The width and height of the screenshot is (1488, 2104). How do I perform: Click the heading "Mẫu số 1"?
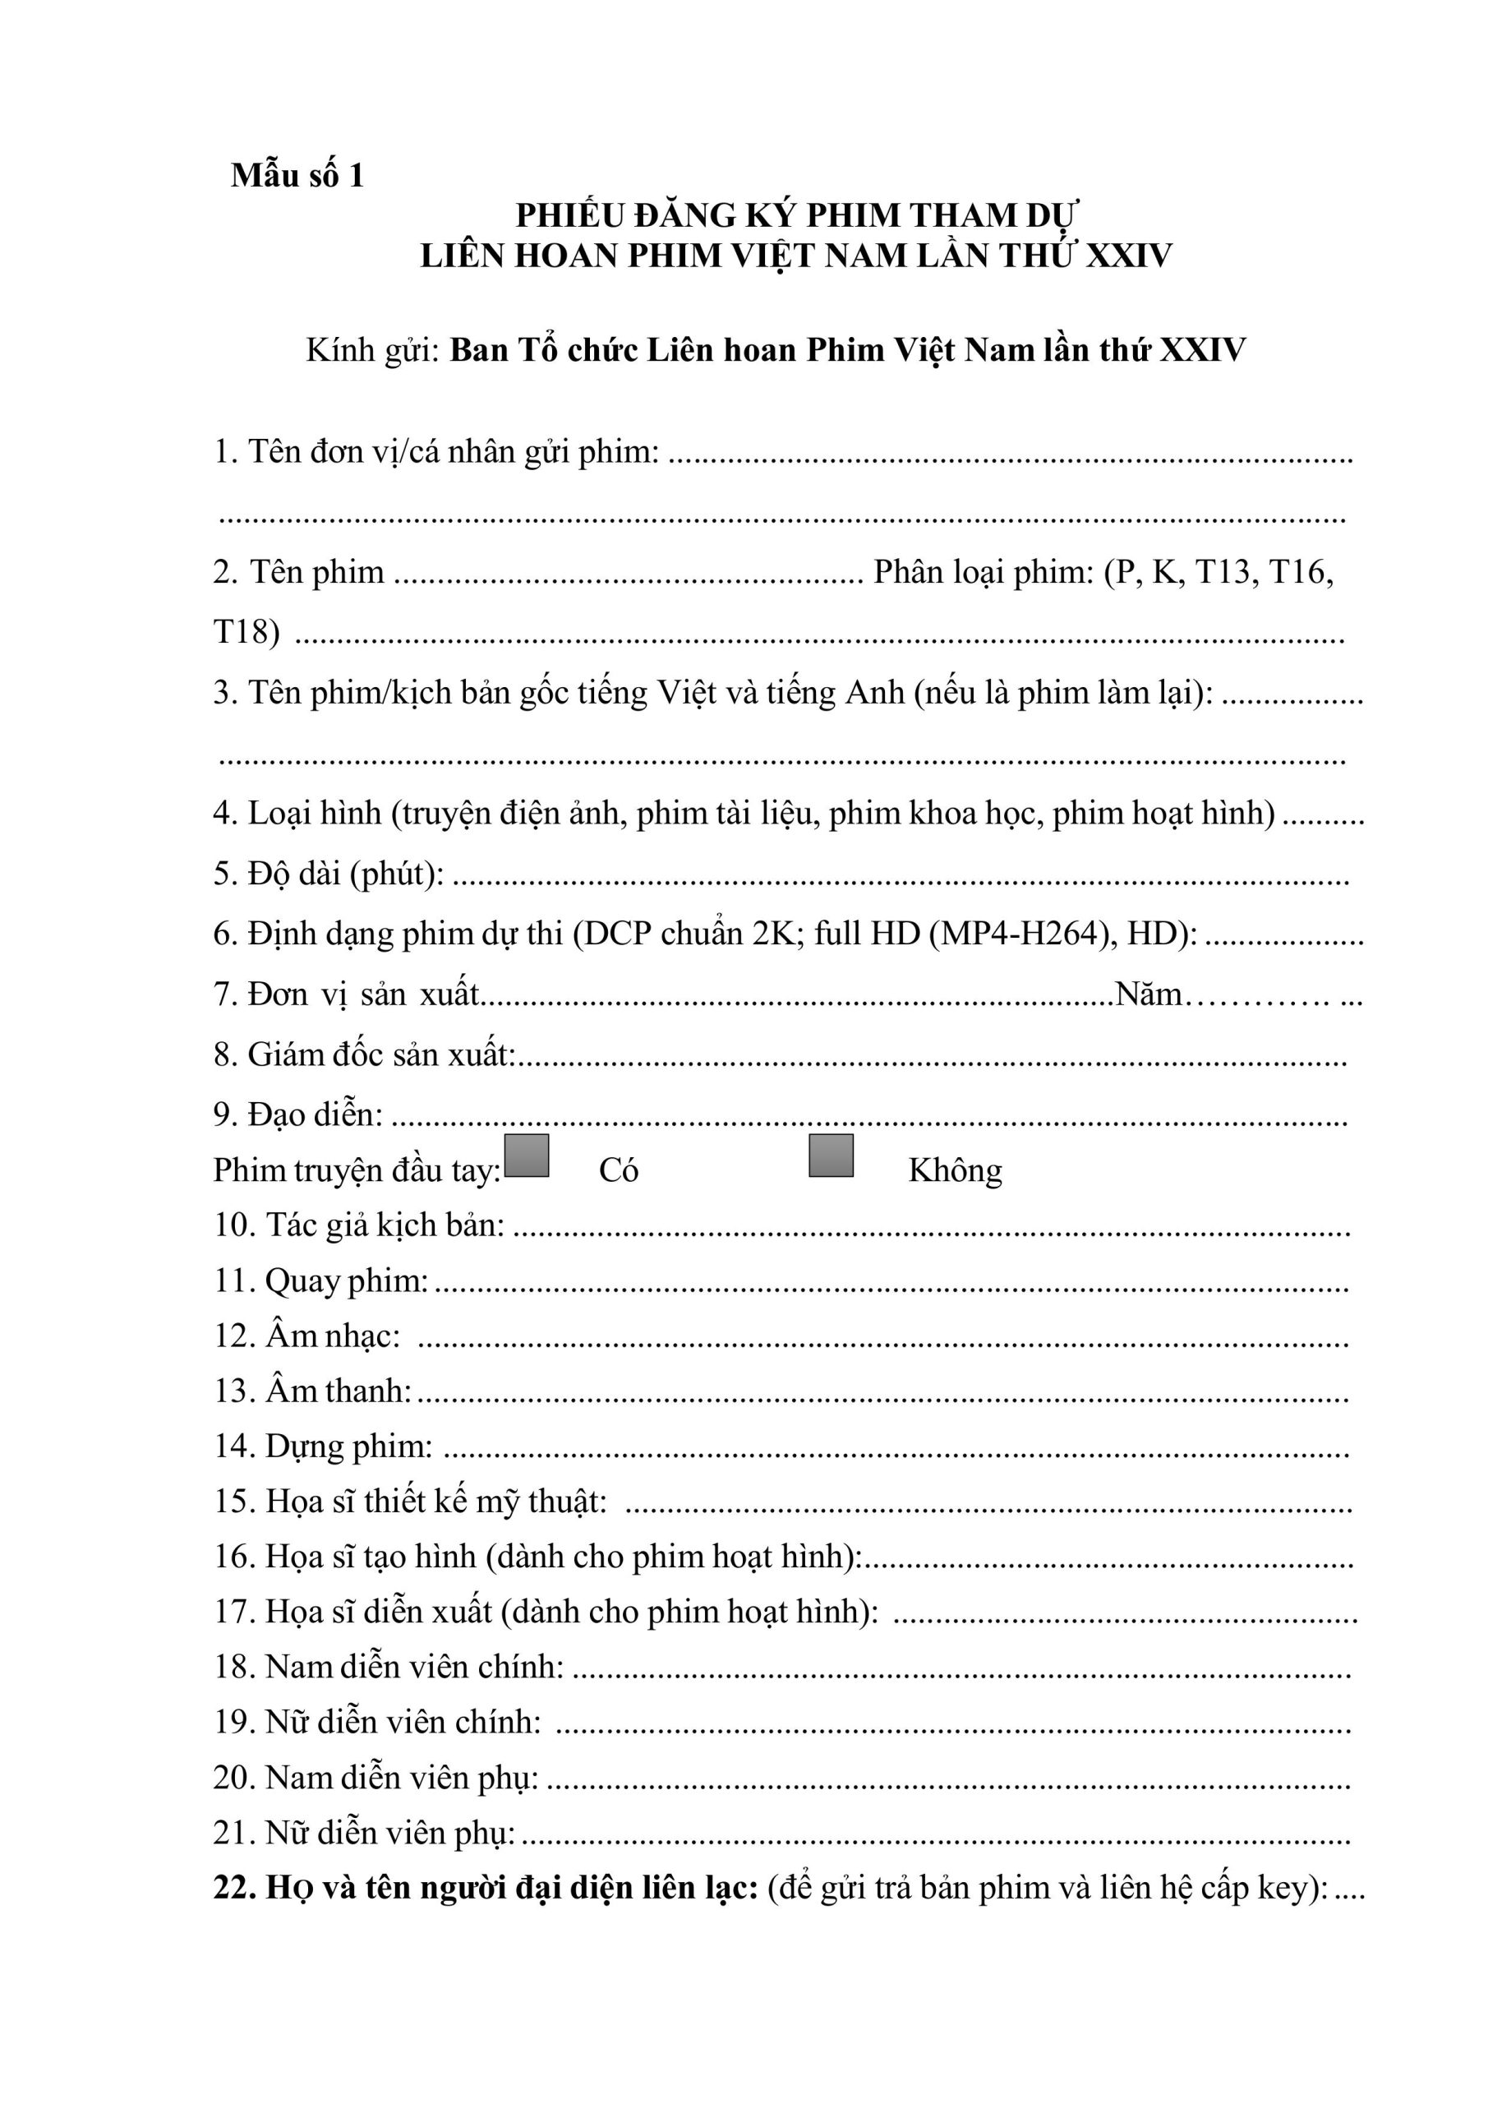297,175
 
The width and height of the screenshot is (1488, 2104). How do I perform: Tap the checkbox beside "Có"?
527,1156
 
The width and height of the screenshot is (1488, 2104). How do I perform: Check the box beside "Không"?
831,1156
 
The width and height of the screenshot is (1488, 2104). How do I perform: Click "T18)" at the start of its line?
246,631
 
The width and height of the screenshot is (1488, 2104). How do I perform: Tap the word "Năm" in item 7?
1149,994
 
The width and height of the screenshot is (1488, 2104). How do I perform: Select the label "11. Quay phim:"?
321,1281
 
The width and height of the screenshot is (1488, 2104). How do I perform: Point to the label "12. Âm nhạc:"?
308,1336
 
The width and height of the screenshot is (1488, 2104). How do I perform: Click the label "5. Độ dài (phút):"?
329,874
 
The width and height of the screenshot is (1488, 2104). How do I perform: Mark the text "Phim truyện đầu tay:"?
357,1171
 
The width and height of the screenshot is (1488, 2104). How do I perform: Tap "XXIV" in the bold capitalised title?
1129,256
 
